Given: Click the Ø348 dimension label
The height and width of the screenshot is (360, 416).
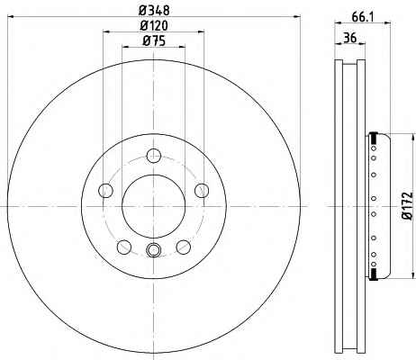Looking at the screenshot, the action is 154,10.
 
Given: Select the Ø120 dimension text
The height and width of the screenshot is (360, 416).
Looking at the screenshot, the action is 154,25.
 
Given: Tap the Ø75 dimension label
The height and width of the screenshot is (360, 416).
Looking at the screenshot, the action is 154,40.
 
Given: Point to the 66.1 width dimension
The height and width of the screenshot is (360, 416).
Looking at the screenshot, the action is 362,17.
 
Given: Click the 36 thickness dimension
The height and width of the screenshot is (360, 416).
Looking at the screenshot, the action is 350,38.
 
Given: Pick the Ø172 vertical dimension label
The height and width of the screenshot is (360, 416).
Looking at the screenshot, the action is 407,206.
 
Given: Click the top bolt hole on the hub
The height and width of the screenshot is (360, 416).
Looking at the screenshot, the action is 154,156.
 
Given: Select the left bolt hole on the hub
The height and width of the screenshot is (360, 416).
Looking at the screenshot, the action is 105,191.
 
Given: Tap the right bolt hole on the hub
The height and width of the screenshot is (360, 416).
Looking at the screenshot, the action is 202,191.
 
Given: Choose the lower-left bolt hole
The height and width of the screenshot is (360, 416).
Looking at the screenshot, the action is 124,247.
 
